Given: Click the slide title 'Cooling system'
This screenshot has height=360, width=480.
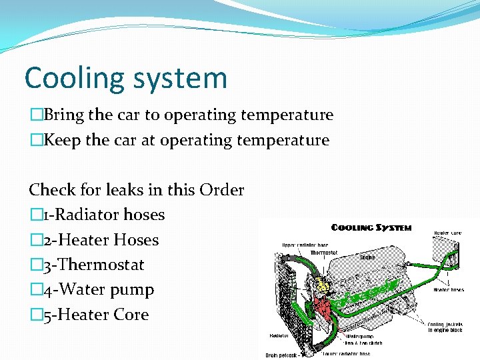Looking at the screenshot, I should [x=125, y=78].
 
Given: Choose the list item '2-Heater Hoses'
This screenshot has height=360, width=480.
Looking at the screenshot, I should [x=99, y=240].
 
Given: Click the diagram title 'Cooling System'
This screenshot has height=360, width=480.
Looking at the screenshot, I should [x=371, y=228].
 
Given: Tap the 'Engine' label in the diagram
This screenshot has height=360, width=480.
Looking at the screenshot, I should [x=367, y=257].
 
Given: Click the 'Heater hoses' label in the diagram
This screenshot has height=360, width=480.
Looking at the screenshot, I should [x=449, y=289].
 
